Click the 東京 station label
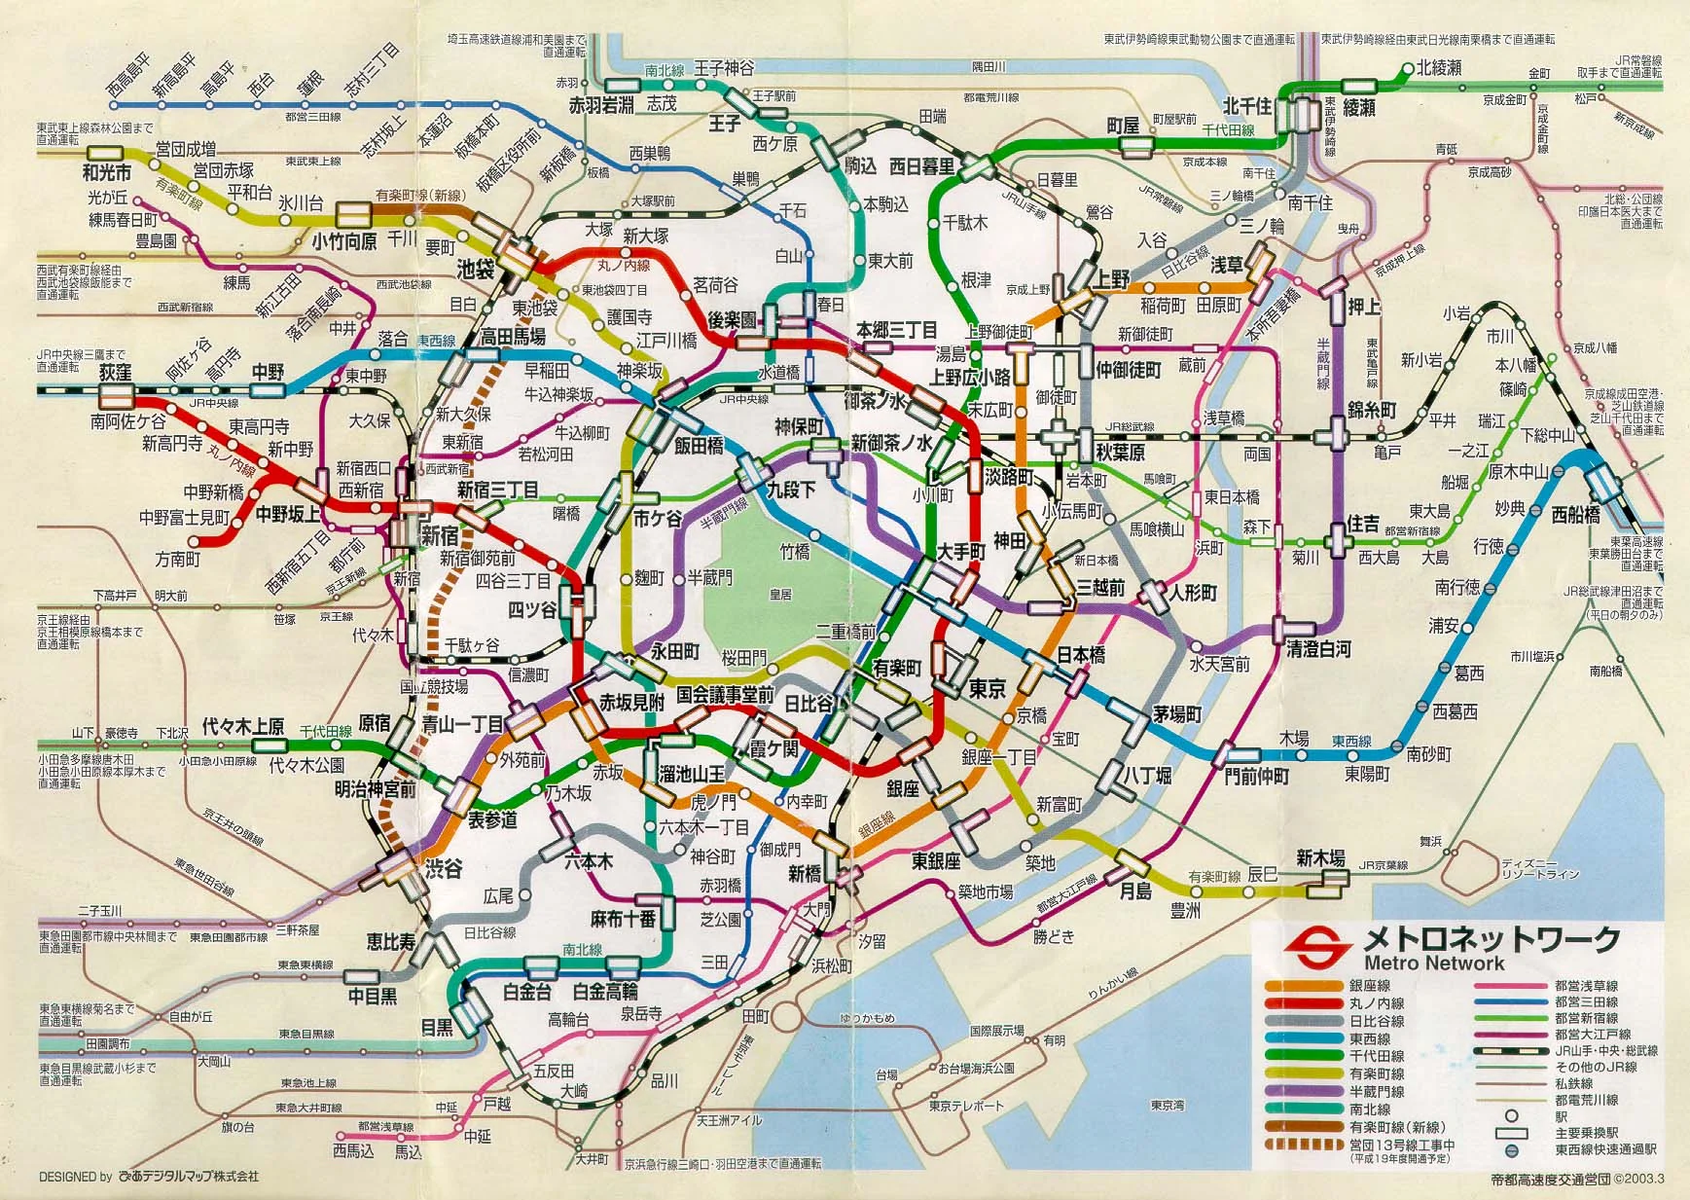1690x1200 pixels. click(987, 689)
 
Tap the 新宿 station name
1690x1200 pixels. click(440, 535)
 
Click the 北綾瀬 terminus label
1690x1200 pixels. click(1438, 69)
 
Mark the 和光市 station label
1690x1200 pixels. click(106, 174)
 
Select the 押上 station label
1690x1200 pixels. click(1364, 307)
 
